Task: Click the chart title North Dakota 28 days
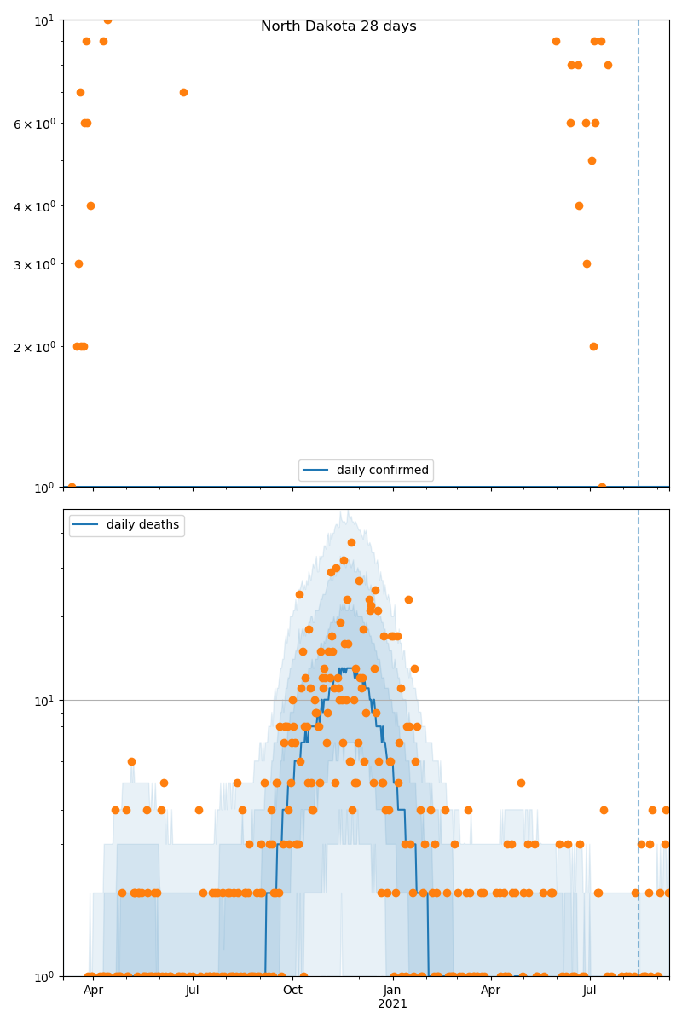pos(338,26)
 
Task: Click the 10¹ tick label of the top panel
pos(43,20)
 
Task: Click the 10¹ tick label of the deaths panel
pos(43,701)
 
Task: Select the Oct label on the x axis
pos(292,991)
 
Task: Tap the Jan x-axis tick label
pos(392,991)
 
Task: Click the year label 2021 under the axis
pos(392,1004)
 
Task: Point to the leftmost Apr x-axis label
pos(93,991)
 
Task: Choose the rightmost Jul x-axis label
pos(590,991)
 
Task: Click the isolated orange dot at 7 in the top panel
pos(183,92)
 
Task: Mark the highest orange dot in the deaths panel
pos(351,542)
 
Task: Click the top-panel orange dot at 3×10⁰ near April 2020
pos(78,263)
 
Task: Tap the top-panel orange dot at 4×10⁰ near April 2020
pos(90,205)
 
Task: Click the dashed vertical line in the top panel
pos(639,256)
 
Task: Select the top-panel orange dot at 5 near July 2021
pos(592,160)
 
